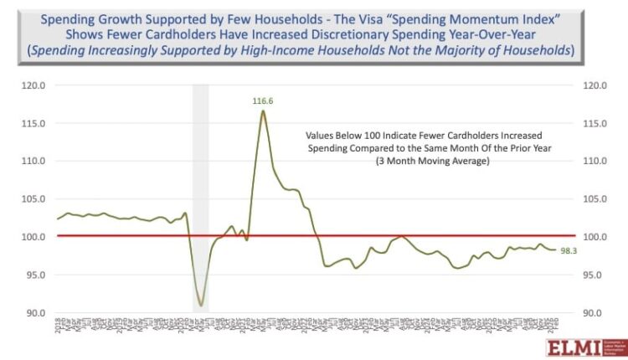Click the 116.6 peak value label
[x=264, y=101]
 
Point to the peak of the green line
[x=263, y=111]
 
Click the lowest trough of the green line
[x=200, y=305]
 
